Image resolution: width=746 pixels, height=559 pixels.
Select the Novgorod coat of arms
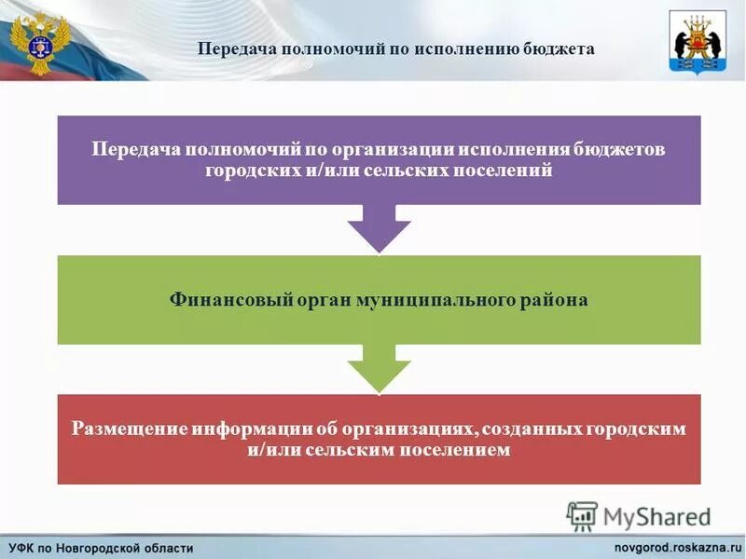pos(697,41)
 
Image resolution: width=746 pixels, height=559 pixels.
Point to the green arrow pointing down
pos(379,367)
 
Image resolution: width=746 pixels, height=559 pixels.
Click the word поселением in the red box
pos(456,450)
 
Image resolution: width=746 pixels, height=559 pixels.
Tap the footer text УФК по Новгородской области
pos(103,547)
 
